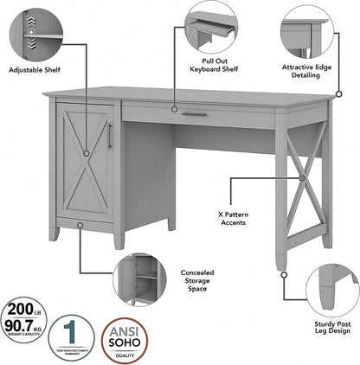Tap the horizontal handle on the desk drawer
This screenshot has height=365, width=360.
point(193,112)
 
